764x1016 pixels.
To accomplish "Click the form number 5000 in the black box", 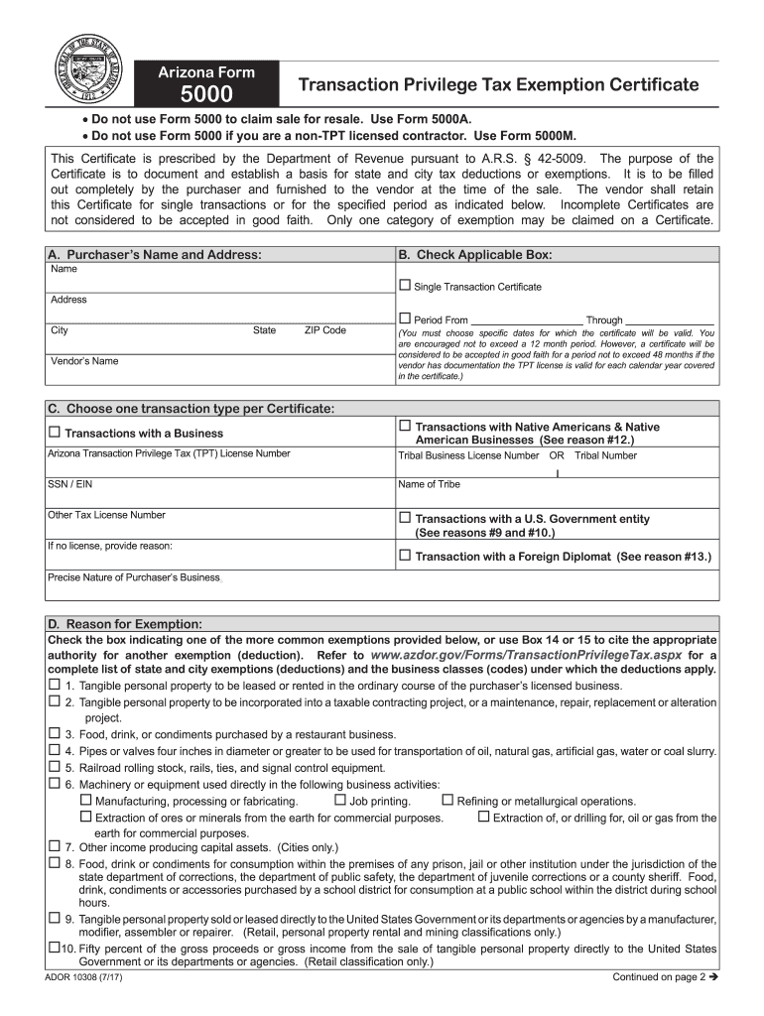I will point(206,94).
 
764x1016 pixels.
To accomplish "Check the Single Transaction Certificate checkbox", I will point(404,286).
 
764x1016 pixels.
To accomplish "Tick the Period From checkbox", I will point(404,318).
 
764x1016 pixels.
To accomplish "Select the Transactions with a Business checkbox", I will point(55,432).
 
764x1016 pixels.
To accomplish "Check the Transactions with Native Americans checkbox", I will point(404,426).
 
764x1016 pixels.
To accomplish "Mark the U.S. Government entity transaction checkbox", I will point(404,518).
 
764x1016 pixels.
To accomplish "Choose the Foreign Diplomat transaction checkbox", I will point(404,556).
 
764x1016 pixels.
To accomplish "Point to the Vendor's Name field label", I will point(84,361).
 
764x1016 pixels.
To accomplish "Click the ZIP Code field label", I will point(324,330).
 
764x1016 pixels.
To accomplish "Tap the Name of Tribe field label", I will point(429,484).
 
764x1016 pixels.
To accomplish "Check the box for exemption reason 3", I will point(54,733).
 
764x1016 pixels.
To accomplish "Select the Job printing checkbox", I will point(340,800).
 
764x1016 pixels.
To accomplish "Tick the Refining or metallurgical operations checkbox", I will point(446,800).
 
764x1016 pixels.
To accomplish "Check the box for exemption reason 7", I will point(54,846).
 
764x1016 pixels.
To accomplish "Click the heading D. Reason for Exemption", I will point(125,624).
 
